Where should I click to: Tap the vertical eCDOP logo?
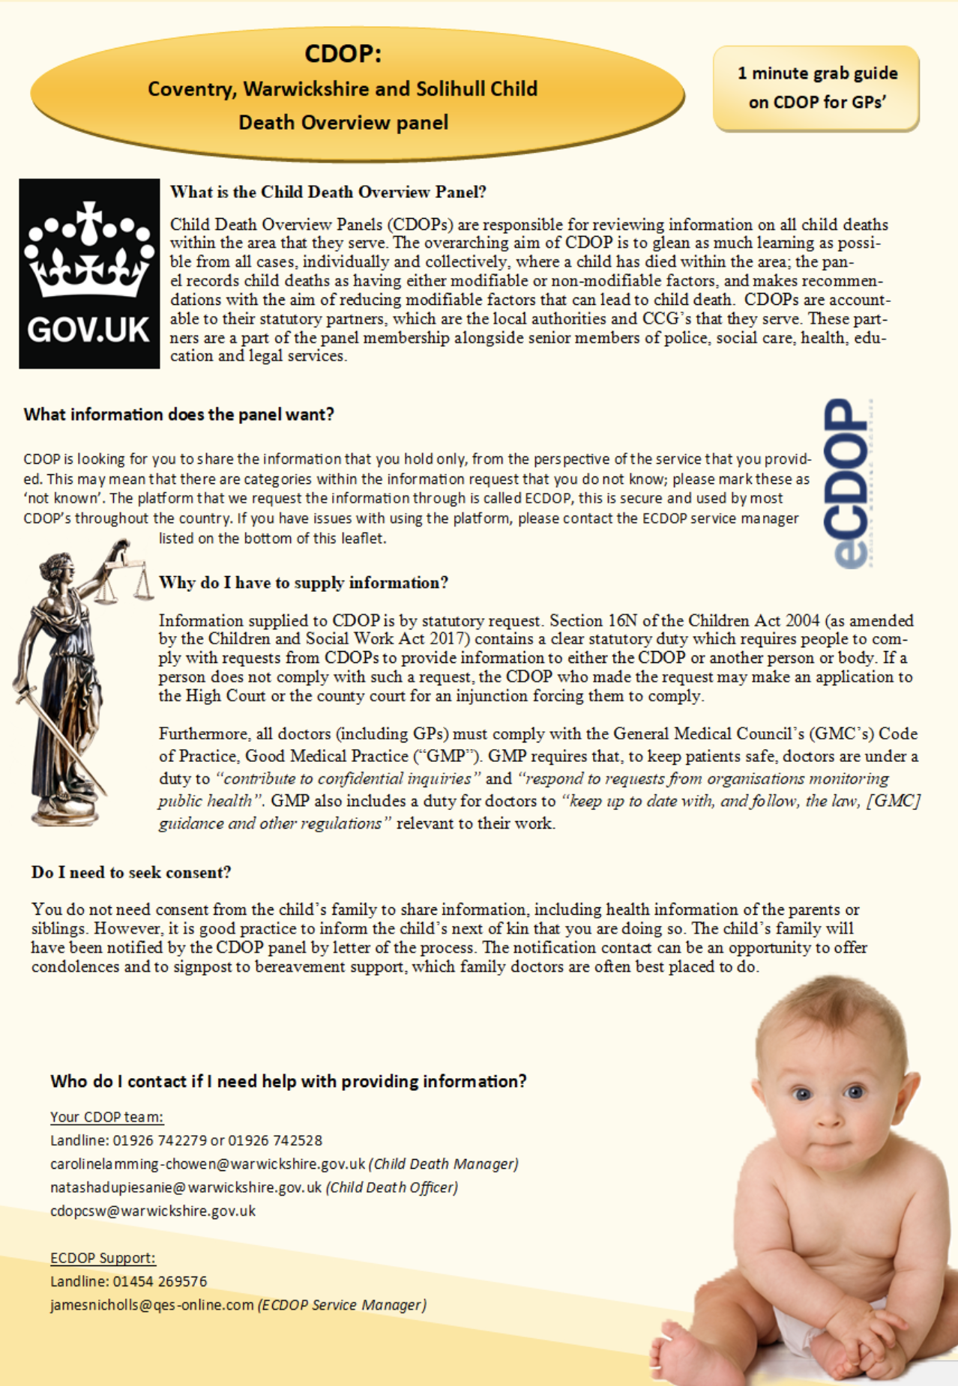point(848,483)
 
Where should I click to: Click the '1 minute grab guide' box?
point(816,88)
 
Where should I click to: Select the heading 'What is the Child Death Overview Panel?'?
point(328,192)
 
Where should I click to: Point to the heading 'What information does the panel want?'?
point(178,414)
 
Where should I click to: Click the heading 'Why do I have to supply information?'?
point(304,583)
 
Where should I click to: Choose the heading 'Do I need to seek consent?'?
point(131,872)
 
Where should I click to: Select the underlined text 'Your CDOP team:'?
point(106,1117)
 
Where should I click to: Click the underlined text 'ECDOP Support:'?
point(103,1258)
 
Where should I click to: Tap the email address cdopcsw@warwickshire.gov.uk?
point(153,1211)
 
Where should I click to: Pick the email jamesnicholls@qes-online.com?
point(152,1304)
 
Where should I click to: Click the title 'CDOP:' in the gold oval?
point(343,54)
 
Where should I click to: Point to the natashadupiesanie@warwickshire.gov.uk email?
point(186,1187)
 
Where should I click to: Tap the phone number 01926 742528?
point(275,1140)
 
